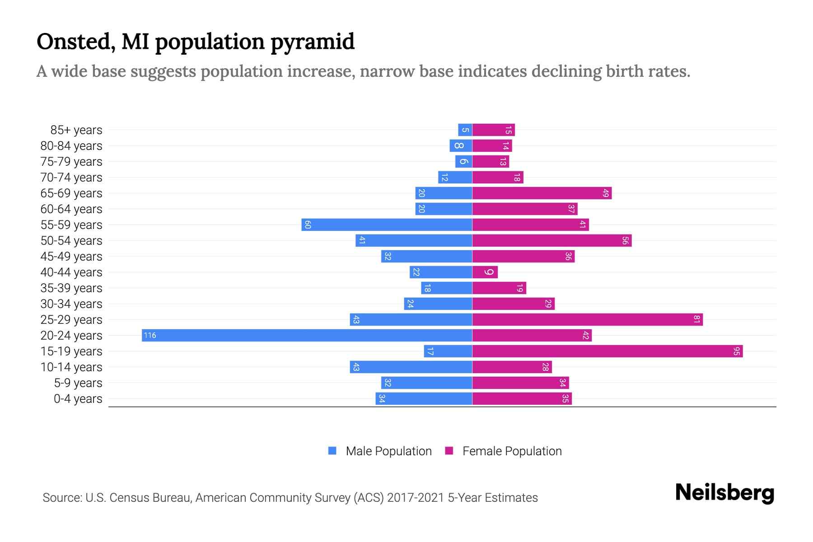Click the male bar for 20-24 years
(307, 335)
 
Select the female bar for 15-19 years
(607, 351)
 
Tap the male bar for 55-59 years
(387, 224)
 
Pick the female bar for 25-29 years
(587, 319)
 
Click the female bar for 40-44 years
(485, 272)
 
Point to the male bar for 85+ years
(465, 130)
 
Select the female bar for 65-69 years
(542, 193)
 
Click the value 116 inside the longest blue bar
(150, 335)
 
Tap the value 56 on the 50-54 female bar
(625, 240)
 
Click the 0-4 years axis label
(78, 399)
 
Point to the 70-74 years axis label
(71, 178)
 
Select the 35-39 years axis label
(71, 288)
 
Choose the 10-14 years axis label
(71, 367)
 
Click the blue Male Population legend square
(332, 451)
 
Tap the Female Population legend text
(512, 451)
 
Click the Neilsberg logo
(724, 493)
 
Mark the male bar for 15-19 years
(448, 351)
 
